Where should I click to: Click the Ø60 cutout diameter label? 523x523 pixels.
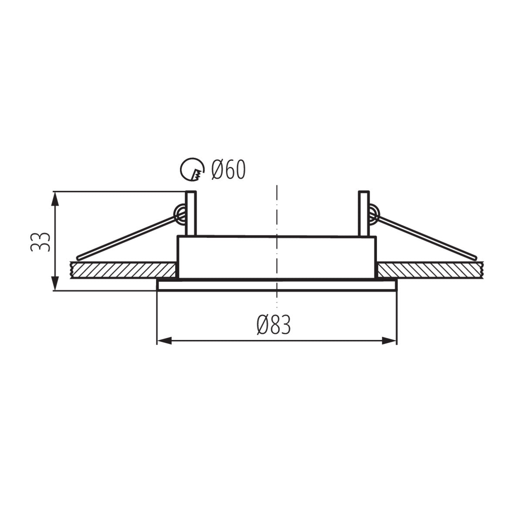tap(228, 170)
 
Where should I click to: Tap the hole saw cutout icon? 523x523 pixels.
tap(192, 170)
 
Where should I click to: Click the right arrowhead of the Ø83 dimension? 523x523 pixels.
tap(390, 341)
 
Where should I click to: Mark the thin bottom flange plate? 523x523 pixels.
tap(277, 285)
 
